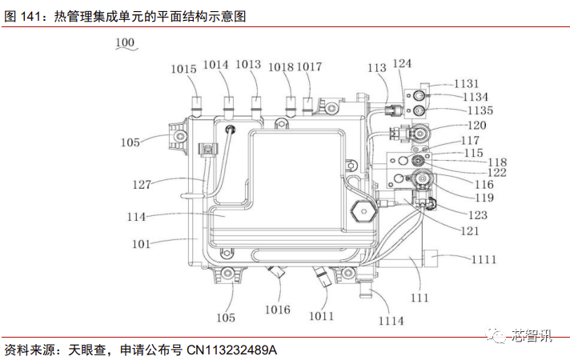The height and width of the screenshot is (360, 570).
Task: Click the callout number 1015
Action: [183, 70]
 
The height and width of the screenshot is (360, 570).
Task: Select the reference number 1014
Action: [215, 65]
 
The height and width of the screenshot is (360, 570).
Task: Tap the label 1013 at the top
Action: [249, 65]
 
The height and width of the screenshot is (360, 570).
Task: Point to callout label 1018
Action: [281, 67]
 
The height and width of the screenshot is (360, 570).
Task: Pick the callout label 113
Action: [377, 68]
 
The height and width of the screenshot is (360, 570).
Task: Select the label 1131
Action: [466, 83]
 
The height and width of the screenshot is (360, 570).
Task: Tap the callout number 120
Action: [476, 126]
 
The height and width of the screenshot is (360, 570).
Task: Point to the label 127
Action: [142, 184]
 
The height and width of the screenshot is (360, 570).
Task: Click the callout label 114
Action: [138, 217]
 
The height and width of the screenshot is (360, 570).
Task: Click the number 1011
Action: [321, 315]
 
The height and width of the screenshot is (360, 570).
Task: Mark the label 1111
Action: [484, 259]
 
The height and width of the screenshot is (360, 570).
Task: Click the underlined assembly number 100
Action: [125, 43]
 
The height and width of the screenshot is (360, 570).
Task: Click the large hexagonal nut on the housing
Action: [364, 212]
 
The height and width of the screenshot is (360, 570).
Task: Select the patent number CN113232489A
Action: [231, 350]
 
